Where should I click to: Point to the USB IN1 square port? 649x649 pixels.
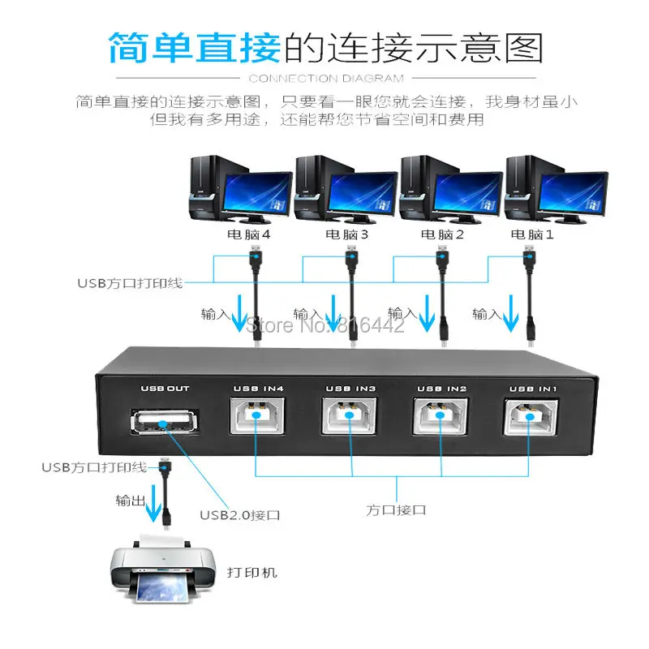[x=532, y=416]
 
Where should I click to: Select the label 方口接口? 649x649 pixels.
[x=397, y=509]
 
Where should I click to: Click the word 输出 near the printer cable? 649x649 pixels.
[x=130, y=501]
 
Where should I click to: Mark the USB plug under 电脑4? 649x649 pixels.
[x=254, y=263]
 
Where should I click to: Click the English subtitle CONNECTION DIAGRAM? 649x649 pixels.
[x=324, y=79]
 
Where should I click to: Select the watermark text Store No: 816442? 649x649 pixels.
[x=325, y=326]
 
